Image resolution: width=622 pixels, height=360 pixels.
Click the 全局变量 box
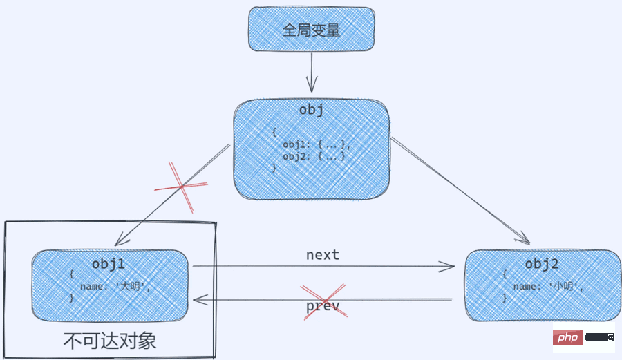click(312, 30)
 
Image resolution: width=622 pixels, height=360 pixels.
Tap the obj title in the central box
click(312, 111)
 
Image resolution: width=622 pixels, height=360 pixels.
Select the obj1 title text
click(109, 265)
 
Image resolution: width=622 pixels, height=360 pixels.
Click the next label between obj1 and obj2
click(323, 255)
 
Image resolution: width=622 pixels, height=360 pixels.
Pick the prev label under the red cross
click(323, 306)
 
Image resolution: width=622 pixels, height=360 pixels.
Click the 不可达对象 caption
click(110, 341)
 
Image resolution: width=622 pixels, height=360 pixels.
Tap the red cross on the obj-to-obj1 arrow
click(181, 186)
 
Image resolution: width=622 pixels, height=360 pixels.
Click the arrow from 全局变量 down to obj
click(312, 72)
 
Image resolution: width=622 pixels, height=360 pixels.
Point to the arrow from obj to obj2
click(459, 190)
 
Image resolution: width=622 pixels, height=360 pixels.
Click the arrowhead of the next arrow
click(451, 266)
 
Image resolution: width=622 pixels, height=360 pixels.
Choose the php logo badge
click(569, 338)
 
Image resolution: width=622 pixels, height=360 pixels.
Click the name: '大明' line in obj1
click(115, 286)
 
